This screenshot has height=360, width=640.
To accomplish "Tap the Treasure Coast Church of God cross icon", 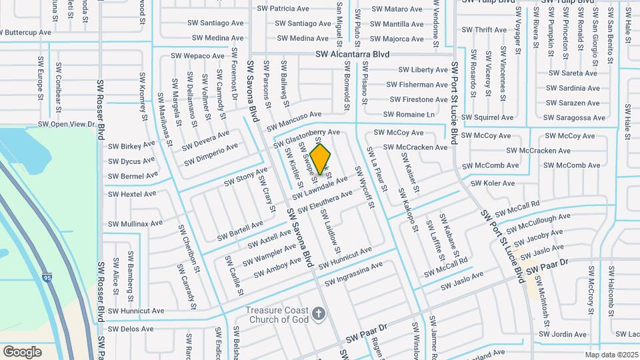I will pyautogui.click(x=319, y=313).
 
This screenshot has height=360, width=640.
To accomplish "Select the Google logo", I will pyautogui.click(x=22, y=351).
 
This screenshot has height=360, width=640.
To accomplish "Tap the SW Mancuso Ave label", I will pyautogui.click(x=294, y=120).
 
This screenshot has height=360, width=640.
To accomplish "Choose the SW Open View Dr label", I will pyautogui.click(x=67, y=124).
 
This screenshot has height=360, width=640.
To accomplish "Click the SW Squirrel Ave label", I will pyautogui.click(x=489, y=117).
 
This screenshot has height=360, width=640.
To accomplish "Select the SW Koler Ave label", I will pyautogui.click(x=493, y=183).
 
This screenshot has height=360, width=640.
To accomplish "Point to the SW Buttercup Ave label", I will pyautogui.click(x=26, y=32).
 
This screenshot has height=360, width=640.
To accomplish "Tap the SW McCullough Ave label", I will pyautogui.click(x=538, y=221).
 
